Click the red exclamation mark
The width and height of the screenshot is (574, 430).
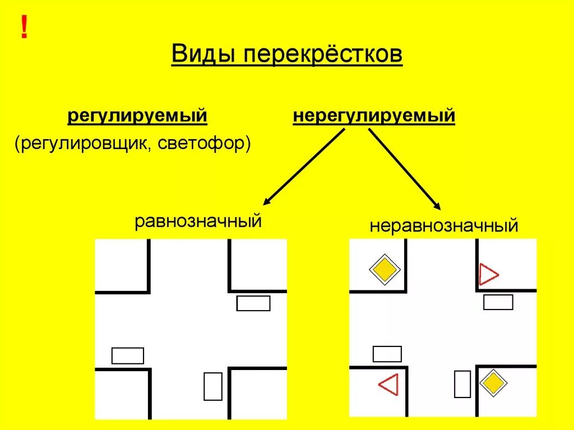pyautogui.click(x=24, y=28)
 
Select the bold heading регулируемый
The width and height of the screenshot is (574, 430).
pyautogui.click(x=137, y=117)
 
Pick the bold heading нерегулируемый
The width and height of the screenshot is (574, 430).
pyautogui.click(x=374, y=117)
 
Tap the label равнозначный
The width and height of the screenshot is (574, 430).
pyautogui.click(x=198, y=220)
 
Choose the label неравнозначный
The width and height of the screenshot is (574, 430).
pyautogui.click(x=443, y=226)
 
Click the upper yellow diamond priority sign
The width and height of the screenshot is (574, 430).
pyautogui.click(x=385, y=270)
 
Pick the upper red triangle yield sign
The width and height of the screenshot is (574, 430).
pyautogui.click(x=488, y=275)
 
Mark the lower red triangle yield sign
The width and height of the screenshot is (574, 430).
pyautogui.click(x=388, y=385)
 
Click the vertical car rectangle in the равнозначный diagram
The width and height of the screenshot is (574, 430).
pyautogui.click(x=213, y=386)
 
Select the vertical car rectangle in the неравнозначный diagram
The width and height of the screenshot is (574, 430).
pyautogui.click(x=462, y=384)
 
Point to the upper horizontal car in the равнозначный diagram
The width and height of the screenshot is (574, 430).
pyautogui.click(x=253, y=303)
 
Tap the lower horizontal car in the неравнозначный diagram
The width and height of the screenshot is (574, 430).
pyautogui.click(x=387, y=354)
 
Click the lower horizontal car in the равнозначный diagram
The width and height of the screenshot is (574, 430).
pyautogui.click(x=128, y=355)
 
